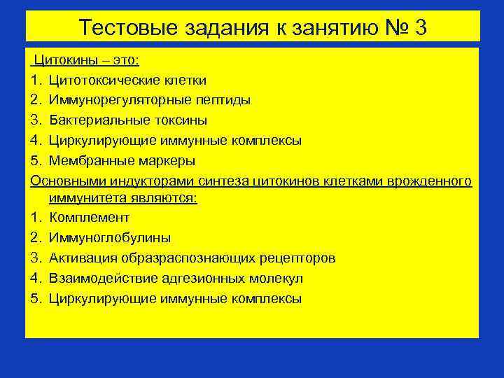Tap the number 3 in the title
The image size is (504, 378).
tap(419, 28)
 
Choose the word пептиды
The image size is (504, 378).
tap(226, 100)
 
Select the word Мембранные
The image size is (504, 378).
tap(89, 160)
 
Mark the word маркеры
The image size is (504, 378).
tap(164, 160)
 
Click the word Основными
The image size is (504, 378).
tap(64, 181)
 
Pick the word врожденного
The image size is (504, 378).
tap(432, 181)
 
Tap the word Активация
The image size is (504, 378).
tap(83, 258)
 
